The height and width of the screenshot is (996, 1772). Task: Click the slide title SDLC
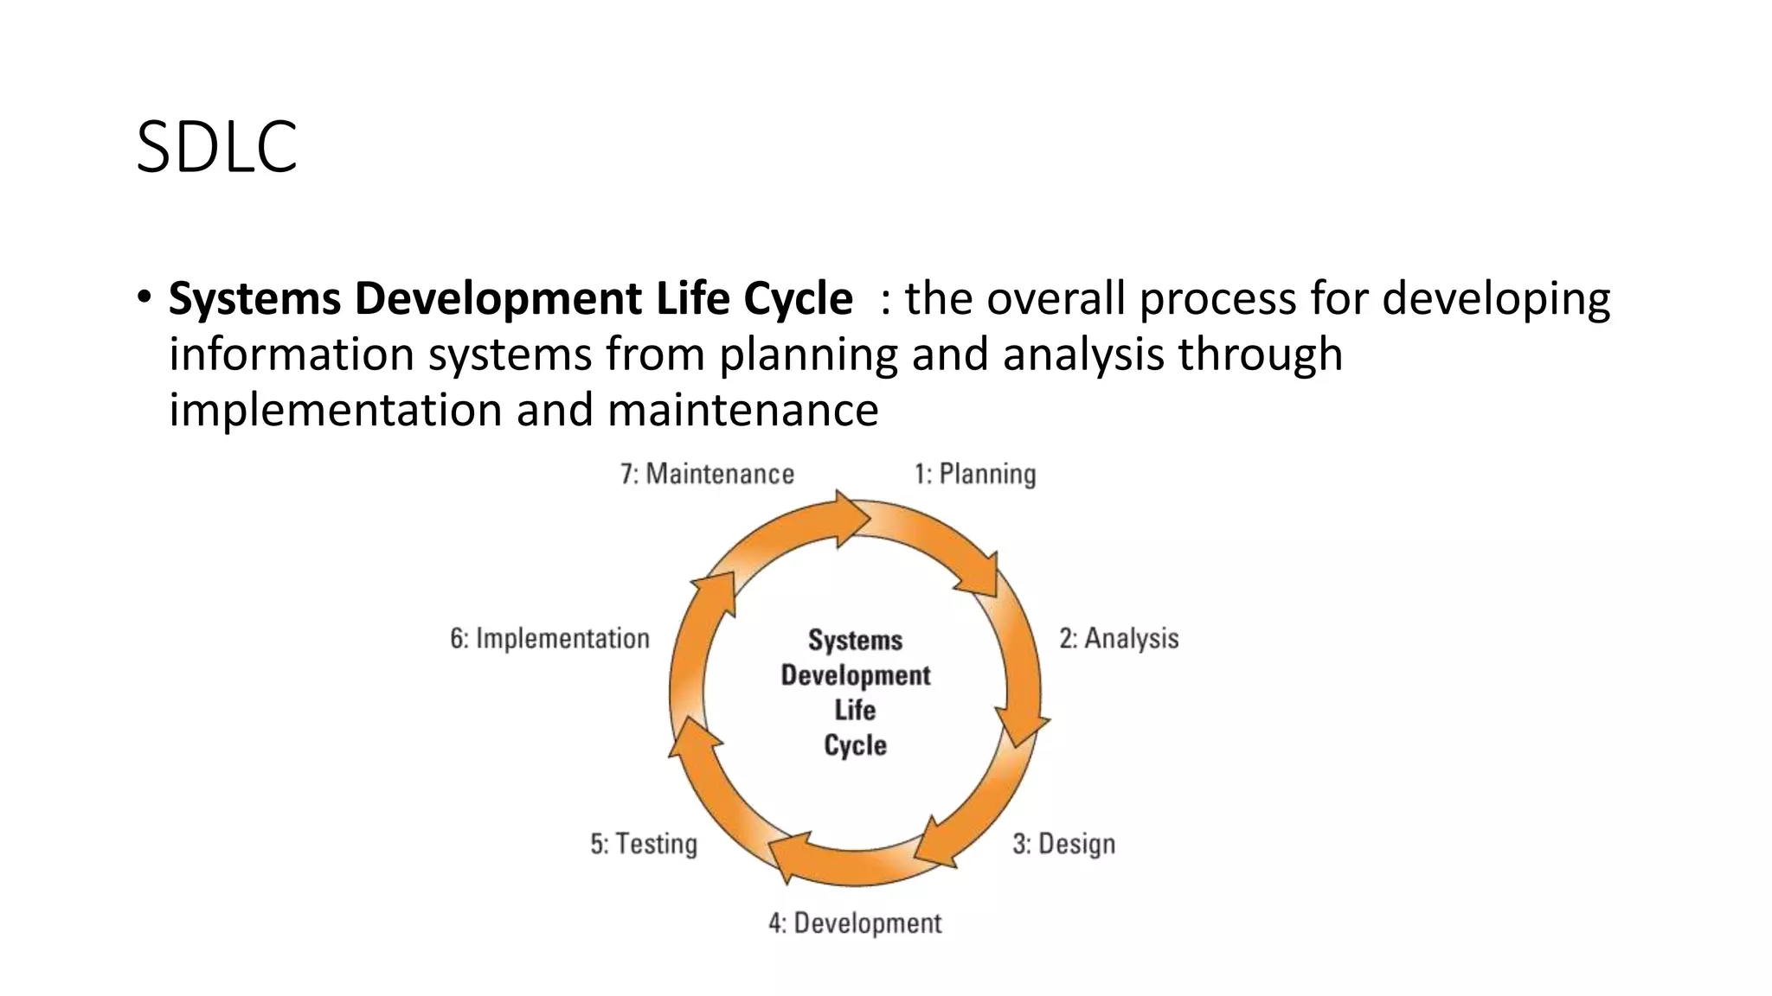217,147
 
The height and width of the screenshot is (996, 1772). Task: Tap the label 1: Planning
975,474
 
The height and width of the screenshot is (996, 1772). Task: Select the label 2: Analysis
1119,639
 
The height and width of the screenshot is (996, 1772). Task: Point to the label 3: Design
1063,844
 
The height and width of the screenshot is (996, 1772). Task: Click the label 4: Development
855,923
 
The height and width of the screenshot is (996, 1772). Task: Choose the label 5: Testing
644,844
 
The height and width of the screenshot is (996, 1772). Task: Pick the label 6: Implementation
549,639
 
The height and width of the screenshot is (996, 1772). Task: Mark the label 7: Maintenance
707,474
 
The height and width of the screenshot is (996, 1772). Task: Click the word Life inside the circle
855,710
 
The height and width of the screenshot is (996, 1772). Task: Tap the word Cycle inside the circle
855,745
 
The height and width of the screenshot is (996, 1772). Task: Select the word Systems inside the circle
855,640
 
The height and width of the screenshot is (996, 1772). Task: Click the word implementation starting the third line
335,410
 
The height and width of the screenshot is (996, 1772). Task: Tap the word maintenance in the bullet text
742,410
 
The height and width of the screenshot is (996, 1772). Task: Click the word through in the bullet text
1260,354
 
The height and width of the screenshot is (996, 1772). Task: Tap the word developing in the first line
1496,300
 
